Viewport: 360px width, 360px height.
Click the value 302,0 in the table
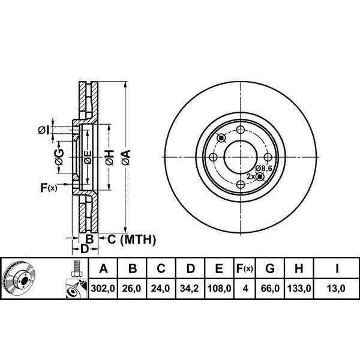pyautogui.click(x=103, y=288)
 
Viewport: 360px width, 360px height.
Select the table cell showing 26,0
pyautogui.click(x=131, y=288)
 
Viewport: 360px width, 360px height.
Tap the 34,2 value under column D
pyautogui.click(x=189, y=288)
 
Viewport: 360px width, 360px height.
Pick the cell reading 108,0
pyautogui.click(x=219, y=288)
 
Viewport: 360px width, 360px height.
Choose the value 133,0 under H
pyautogui.click(x=299, y=288)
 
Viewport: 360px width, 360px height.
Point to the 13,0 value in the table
pyautogui.click(x=336, y=288)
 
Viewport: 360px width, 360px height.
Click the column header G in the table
pyautogui.click(x=270, y=268)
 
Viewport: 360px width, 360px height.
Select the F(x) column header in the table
pyautogui.click(x=245, y=268)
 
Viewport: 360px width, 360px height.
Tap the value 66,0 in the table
pyautogui.click(x=270, y=288)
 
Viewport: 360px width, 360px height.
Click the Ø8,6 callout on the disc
pyautogui.click(x=264, y=169)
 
